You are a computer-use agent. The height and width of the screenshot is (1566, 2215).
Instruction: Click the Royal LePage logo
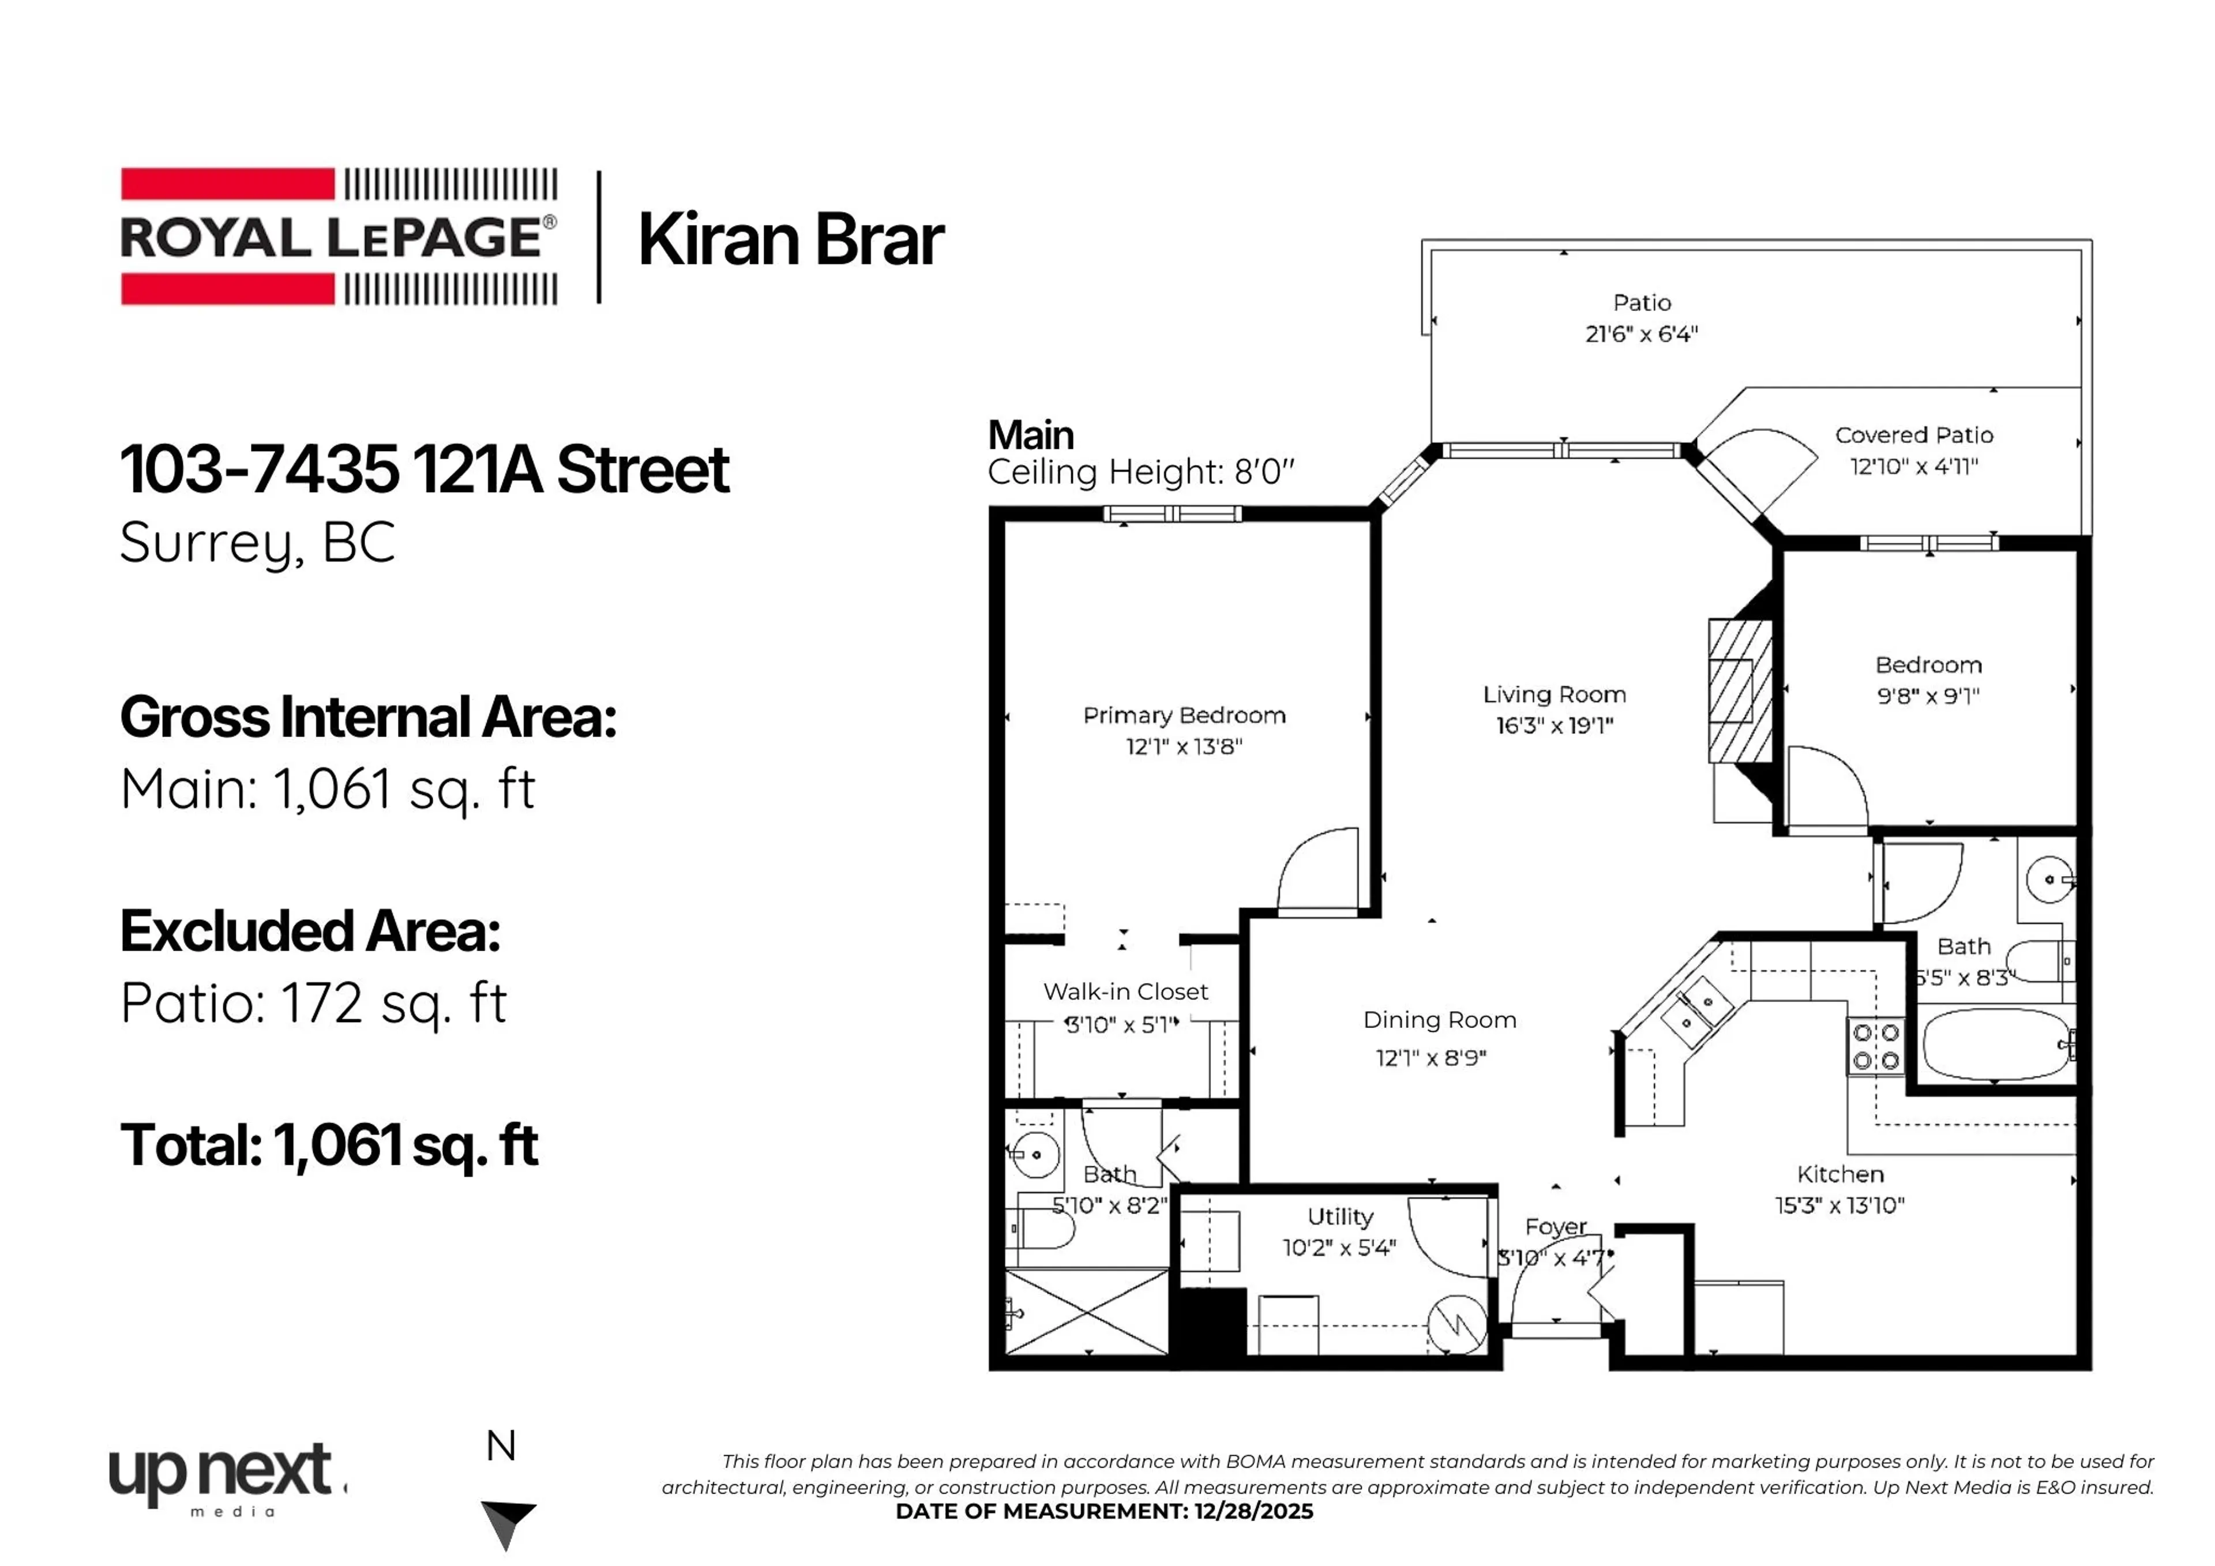tap(337, 236)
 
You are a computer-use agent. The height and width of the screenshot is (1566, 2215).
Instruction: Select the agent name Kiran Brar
tap(790, 239)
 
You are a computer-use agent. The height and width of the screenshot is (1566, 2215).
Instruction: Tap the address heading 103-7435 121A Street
tap(425, 470)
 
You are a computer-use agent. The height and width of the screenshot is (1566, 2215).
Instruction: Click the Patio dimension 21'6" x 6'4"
tap(1641, 334)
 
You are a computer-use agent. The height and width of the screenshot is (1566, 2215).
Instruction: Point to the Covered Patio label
tap(1913, 435)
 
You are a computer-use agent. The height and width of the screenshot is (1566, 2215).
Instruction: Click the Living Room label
tap(1553, 694)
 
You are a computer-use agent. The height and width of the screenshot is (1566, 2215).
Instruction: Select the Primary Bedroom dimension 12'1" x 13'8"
tap(1184, 746)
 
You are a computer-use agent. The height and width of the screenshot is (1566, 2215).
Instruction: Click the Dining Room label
tap(1439, 1020)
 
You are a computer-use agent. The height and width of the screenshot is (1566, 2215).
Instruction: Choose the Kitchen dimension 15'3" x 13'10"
tap(1839, 1205)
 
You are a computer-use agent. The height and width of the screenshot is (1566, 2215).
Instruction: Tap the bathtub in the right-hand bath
tap(1995, 1046)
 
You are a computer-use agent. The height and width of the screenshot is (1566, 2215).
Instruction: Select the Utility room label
tap(1340, 1216)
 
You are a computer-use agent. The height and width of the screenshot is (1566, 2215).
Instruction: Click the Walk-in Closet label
tap(1125, 992)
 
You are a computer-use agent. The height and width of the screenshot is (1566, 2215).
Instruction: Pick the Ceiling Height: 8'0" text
tap(1140, 473)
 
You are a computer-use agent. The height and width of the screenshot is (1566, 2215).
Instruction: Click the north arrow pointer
tap(508, 1522)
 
